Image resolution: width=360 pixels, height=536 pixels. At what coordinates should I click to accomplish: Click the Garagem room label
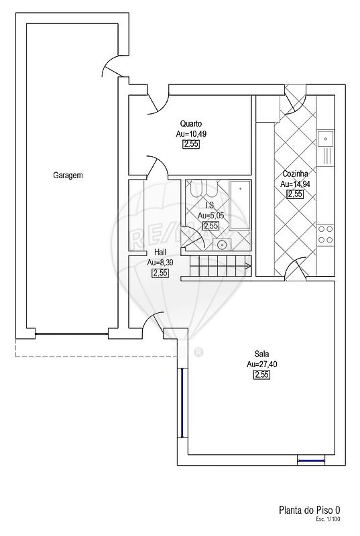68,176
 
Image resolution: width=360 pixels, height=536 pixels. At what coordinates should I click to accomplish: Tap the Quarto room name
191,123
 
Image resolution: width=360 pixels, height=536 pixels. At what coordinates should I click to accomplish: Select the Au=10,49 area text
191,133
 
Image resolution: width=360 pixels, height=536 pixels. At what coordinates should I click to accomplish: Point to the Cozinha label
295,174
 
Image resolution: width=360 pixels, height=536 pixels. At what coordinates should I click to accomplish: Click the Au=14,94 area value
295,184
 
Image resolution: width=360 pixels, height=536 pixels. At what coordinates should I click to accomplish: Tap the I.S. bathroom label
211,205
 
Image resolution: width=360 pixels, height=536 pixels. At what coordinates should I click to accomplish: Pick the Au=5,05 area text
211,215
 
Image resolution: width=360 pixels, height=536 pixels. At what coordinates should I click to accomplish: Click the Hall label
160,253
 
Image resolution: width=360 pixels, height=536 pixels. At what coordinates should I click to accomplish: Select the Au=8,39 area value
160,263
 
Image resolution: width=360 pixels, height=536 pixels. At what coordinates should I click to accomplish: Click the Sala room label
261,354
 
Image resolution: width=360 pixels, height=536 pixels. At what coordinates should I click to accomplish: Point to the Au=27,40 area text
262,364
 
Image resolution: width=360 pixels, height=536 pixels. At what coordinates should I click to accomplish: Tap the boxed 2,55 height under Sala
261,375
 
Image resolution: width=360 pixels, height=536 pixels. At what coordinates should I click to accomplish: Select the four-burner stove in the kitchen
325,234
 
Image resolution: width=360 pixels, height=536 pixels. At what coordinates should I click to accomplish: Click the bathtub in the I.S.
240,205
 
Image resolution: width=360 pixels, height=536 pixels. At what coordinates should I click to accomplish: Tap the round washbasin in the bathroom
222,245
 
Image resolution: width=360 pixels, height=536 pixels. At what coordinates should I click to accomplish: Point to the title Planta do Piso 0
310,511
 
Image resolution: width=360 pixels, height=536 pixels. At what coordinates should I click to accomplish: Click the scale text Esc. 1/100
328,519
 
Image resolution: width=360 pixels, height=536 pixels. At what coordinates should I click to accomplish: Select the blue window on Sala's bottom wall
310,460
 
